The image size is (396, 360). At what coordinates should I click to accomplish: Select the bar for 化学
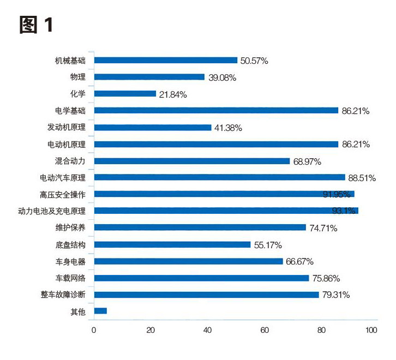tap(125, 94)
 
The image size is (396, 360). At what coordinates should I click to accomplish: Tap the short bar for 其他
tap(100, 311)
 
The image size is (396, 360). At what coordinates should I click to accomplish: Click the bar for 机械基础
tap(166, 61)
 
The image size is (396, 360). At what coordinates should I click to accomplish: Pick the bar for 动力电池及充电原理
tap(226, 211)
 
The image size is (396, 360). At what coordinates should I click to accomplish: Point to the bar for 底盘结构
tap(172, 244)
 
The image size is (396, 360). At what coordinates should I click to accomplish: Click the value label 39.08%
tap(222, 77)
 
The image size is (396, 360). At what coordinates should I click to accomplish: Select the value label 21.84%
tap(173, 94)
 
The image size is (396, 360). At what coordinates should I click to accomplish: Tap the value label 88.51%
tap(362, 178)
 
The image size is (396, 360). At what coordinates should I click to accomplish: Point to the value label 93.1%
tap(344, 211)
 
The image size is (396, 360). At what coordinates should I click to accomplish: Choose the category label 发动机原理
tap(70, 128)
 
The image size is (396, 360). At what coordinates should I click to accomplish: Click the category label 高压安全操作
tap(67, 194)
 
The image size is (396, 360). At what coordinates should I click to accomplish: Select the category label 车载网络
tap(74, 278)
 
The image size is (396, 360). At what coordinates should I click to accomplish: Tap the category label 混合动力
tap(74, 161)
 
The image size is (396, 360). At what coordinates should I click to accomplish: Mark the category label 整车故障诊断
tap(67, 295)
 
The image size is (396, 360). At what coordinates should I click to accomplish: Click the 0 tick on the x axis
tap(94, 330)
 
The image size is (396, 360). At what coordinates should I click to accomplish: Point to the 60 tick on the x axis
tap(265, 330)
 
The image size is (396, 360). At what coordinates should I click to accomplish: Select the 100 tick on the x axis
tap(371, 330)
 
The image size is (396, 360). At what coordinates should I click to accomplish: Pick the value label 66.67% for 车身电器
tap(302, 261)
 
